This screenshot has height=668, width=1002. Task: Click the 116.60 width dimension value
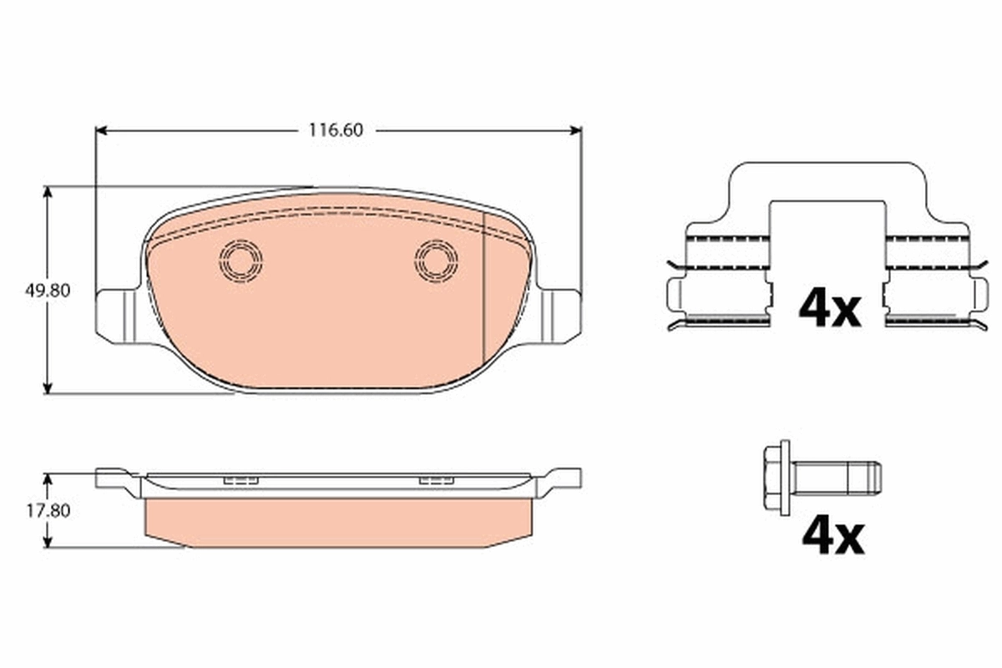coord(337,130)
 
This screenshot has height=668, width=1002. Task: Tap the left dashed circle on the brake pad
coord(240,260)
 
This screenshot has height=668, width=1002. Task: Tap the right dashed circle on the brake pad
coord(436,260)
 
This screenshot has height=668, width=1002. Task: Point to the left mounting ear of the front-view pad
coord(115,315)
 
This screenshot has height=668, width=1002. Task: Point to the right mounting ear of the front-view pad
coord(560,314)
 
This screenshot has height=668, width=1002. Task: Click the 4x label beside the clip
coord(828,308)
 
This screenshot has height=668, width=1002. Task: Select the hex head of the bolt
coord(777,477)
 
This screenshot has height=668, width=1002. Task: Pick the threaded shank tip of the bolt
coord(873,478)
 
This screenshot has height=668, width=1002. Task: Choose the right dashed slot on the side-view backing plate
coord(436,480)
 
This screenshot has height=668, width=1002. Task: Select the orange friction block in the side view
coord(337,522)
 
